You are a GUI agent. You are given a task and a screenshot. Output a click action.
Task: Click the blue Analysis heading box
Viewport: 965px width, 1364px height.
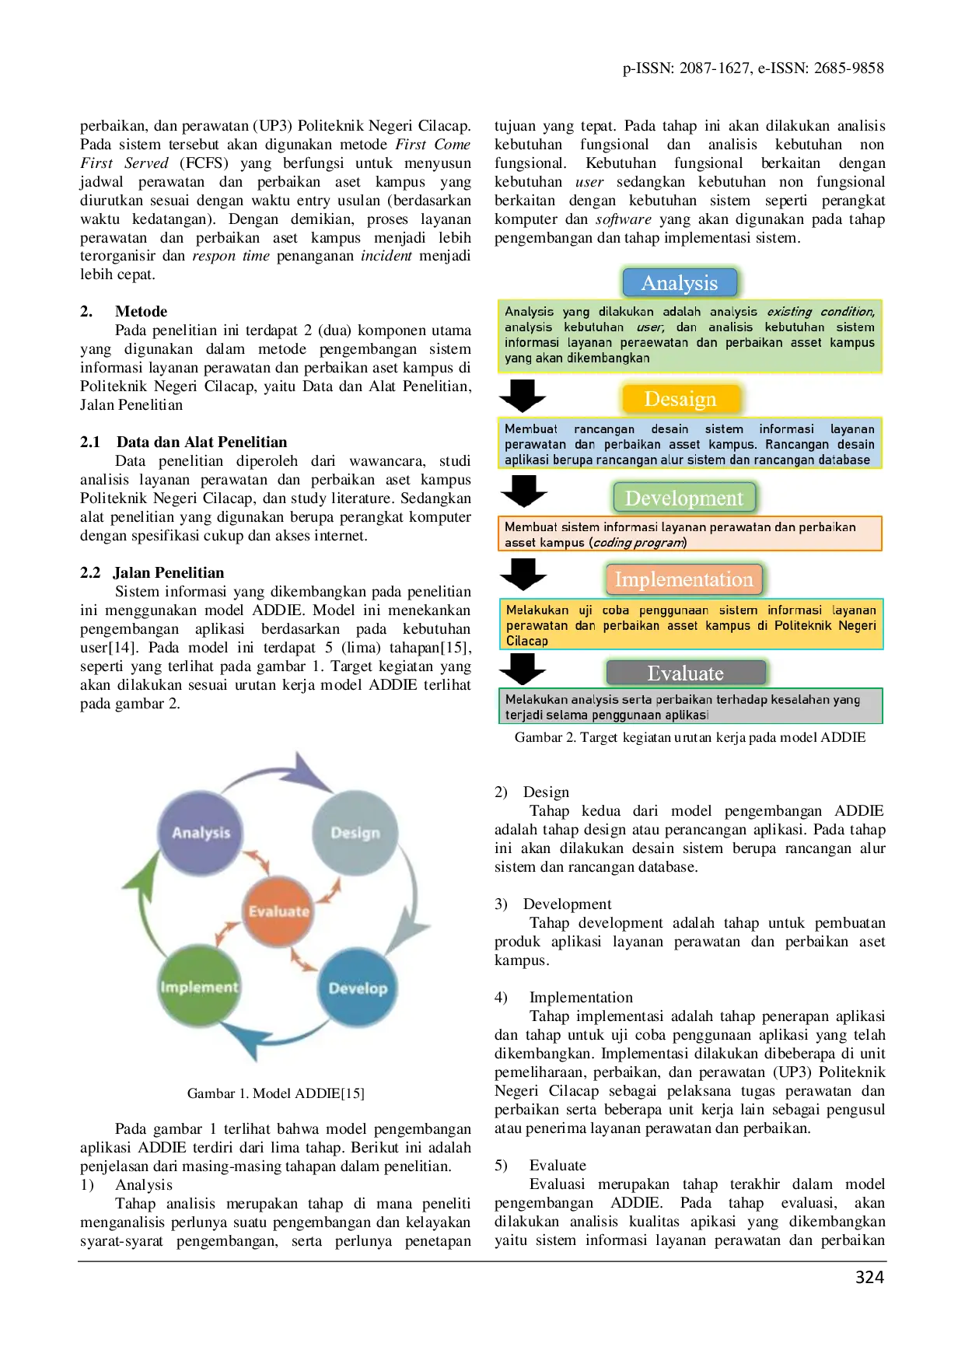(680, 283)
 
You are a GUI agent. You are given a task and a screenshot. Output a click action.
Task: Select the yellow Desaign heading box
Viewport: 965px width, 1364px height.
(680, 399)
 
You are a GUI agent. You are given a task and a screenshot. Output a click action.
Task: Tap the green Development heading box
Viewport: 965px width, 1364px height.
(684, 498)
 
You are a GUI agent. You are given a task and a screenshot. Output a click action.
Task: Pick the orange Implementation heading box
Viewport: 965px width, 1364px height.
(684, 579)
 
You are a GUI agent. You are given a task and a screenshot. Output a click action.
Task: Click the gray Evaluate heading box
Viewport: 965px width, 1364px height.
(685, 673)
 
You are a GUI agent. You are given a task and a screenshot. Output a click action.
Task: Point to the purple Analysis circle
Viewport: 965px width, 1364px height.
(201, 833)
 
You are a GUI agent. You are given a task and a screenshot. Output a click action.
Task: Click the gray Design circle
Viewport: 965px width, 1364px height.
(355, 833)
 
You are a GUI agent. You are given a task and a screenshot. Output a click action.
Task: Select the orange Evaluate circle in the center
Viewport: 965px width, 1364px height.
(278, 911)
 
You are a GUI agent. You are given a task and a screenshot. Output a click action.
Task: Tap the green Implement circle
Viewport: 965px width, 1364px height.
(199, 987)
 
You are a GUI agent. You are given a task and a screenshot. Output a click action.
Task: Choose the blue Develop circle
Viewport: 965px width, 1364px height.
(358, 988)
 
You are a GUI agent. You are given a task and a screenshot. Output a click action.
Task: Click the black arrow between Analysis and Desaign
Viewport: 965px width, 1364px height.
(523, 395)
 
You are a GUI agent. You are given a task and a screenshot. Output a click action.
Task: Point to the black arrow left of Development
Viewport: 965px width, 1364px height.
(523, 491)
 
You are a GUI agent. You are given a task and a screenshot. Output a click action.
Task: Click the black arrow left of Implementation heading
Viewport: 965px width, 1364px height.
(523, 574)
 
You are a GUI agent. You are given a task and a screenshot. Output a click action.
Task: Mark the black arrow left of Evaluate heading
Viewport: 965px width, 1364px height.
(523, 668)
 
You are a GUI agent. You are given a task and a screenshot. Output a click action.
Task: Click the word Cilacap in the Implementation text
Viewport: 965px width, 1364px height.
(527, 641)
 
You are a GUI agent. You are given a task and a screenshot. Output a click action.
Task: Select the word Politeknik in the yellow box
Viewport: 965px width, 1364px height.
(802, 625)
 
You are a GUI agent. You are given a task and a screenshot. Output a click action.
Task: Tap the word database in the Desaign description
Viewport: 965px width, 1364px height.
(844, 460)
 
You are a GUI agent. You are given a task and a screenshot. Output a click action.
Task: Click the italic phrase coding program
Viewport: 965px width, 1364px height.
(638, 542)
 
